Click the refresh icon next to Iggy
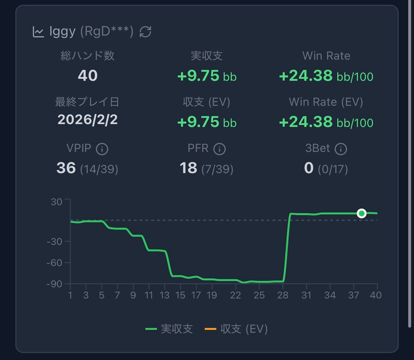(145, 32)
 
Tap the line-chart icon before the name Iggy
(38, 32)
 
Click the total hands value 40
(88, 76)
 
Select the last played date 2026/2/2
(88, 120)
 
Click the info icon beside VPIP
(102, 149)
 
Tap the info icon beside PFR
(220, 149)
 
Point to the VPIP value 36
(66, 168)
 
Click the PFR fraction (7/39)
(217, 169)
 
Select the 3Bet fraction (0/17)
(333, 169)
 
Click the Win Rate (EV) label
(326, 102)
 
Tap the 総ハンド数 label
(88, 56)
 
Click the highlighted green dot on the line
(362, 213)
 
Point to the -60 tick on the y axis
(54, 263)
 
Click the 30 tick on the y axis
(56, 202)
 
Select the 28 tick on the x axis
(283, 295)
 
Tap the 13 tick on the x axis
(165, 295)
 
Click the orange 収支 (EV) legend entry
(236, 329)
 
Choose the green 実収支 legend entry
(169, 329)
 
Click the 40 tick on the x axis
(376, 295)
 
